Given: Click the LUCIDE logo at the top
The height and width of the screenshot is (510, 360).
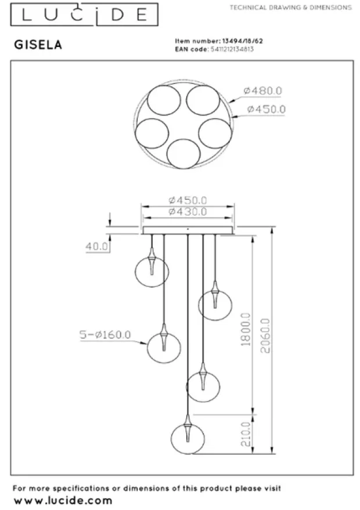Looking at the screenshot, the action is (x=84, y=15).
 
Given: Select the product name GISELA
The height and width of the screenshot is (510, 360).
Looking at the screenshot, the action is (x=38, y=45).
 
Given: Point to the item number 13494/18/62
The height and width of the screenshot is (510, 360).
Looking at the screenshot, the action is (x=243, y=41).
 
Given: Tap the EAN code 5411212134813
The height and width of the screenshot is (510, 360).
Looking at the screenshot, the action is (x=232, y=49).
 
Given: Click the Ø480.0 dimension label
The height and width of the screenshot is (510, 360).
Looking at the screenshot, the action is (x=262, y=91).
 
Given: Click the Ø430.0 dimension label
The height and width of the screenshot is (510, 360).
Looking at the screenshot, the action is (x=188, y=212).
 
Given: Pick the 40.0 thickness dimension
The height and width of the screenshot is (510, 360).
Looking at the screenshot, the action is (x=96, y=247).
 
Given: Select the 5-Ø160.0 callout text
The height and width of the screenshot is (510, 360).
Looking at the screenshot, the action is (x=105, y=334).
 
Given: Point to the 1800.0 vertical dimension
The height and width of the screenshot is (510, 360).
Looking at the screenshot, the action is (x=246, y=329).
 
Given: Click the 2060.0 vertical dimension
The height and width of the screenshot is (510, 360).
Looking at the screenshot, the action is (x=265, y=336).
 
